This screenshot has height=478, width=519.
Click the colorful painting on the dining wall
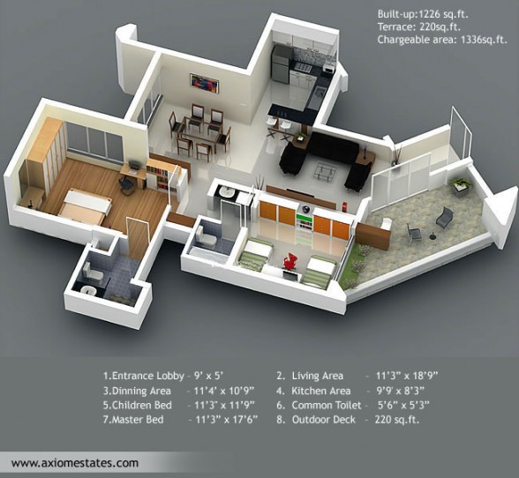(x=204, y=83)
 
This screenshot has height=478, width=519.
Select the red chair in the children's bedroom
(x=291, y=261)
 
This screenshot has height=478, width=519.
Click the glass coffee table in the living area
(x=326, y=171)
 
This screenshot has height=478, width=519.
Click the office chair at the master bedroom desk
(x=125, y=184)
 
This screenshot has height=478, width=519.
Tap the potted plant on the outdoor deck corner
(x=462, y=185)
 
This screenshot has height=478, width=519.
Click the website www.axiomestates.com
(x=75, y=462)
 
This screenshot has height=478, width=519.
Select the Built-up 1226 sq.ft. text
(x=423, y=14)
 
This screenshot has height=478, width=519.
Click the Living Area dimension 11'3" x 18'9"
(x=407, y=376)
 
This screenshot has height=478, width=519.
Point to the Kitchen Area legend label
(x=320, y=391)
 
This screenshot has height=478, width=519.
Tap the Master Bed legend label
(x=138, y=420)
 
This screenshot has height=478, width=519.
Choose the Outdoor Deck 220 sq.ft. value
(x=397, y=420)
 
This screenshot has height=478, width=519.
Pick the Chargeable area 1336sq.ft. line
(x=442, y=40)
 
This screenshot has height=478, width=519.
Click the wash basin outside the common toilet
(x=226, y=191)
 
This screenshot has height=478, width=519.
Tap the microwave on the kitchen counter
(x=328, y=69)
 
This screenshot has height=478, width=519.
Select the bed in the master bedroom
(x=84, y=206)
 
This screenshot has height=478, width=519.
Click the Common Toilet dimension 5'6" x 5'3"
(x=403, y=405)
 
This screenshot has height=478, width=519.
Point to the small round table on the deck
(x=432, y=236)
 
